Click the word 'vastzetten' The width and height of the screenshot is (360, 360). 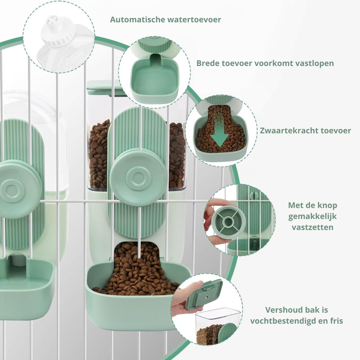coord(313,227)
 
